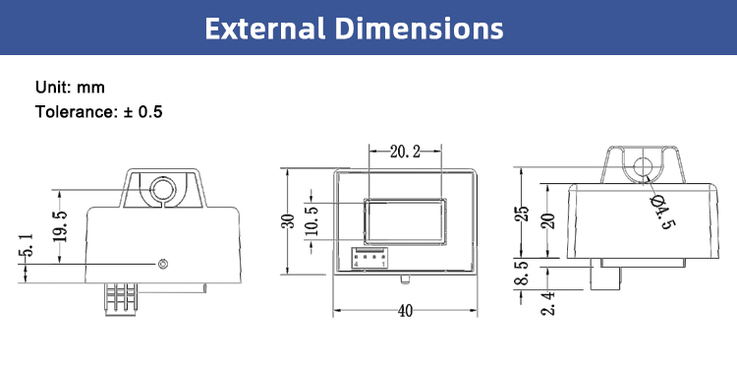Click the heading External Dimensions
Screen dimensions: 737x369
coord(354,29)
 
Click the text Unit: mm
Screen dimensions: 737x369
coord(70,88)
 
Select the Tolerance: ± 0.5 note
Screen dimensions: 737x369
coord(98,112)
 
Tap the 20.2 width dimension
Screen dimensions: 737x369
coord(405,152)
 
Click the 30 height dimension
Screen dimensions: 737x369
coord(288,220)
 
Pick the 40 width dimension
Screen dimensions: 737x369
coord(405,311)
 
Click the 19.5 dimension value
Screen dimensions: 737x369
coord(60,226)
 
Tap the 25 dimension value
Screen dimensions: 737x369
coord(525,214)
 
